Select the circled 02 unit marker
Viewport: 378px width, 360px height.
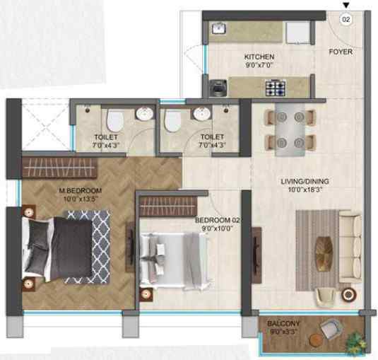pos(345,20)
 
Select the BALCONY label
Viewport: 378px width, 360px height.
pos(283,324)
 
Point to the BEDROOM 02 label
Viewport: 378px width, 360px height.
pos(218,221)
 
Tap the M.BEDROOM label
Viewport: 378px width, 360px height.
pos(81,191)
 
